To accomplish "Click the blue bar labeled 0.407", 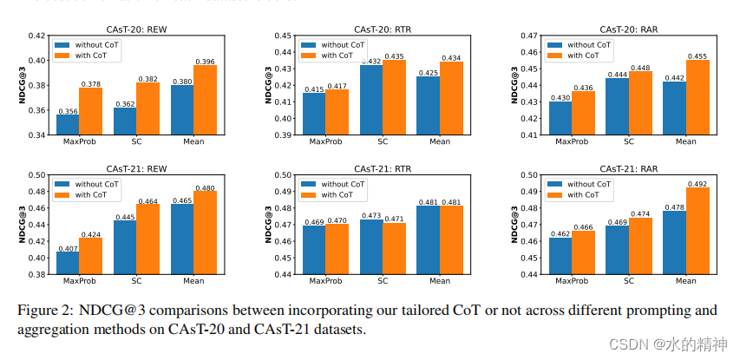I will [68, 263].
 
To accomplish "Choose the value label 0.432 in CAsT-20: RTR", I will [371, 62].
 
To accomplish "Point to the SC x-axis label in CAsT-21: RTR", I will [383, 281].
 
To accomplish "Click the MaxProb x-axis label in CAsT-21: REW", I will [79, 281].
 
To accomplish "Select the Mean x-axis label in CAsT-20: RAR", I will [685, 142].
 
